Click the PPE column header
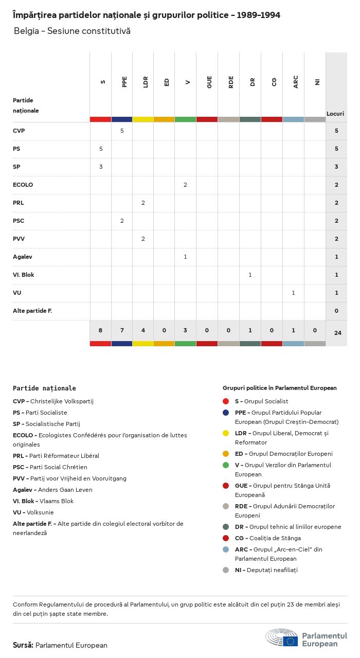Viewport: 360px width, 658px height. (x=124, y=82)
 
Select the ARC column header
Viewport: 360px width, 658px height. (x=296, y=82)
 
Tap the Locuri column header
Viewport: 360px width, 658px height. (x=335, y=114)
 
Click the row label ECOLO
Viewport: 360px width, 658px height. (x=23, y=185)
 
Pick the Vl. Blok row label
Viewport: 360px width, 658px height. (x=24, y=275)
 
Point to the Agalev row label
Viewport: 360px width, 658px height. (x=23, y=257)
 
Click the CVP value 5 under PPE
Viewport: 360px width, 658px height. (x=122, y=131)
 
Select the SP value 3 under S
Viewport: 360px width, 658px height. (x=101, y=167)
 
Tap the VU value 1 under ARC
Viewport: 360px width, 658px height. (x=293, y=293)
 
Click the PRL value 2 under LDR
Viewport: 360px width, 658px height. (x=143, y=203)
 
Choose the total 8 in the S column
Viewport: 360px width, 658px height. (x=101, y=330)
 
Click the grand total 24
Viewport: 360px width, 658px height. (x=337, y=333)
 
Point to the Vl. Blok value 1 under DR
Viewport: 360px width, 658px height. (x=250, y=275)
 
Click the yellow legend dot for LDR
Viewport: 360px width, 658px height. (x=226, y=433)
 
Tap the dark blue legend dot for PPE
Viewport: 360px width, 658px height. (x=226, y=413)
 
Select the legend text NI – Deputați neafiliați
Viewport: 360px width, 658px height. (x=266, y=570)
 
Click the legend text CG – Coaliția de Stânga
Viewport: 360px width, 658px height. (x=267, y=538)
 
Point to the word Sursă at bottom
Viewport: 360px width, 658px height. (x=23, y=645)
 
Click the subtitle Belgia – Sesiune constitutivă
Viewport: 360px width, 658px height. (x=72, y=31)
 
